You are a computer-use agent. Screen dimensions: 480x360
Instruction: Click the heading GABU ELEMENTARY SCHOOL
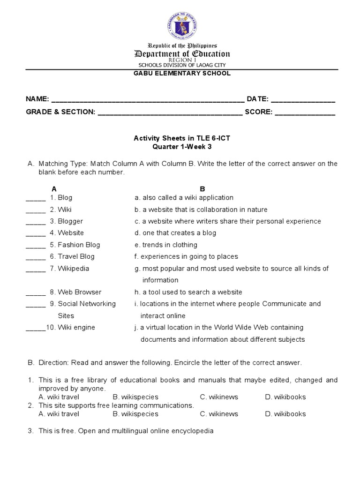coord(182,74)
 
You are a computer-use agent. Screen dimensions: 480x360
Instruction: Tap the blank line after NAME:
coord(148,100)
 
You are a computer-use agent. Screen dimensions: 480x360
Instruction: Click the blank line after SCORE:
coord(305,113)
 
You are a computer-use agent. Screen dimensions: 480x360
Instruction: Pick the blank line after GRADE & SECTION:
coord(170,113)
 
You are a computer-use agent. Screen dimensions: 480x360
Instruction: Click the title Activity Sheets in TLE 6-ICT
coord(182,138)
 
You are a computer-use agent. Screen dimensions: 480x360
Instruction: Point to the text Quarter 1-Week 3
coord(182,146)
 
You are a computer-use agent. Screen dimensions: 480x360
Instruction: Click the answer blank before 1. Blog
coord(36,198)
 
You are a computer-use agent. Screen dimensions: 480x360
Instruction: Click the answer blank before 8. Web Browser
coord(36,292)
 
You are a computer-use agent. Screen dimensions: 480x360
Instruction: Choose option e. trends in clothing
coord(166,245)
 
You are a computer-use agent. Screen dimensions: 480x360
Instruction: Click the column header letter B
coord(202,189)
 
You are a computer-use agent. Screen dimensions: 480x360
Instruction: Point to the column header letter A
coord(54,189)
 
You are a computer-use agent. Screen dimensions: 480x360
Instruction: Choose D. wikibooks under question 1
coord(285,397)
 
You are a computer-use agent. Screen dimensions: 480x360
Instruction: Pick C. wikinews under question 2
coord(219,414)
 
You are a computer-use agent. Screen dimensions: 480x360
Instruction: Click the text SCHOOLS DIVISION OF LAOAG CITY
coord(182,65)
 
